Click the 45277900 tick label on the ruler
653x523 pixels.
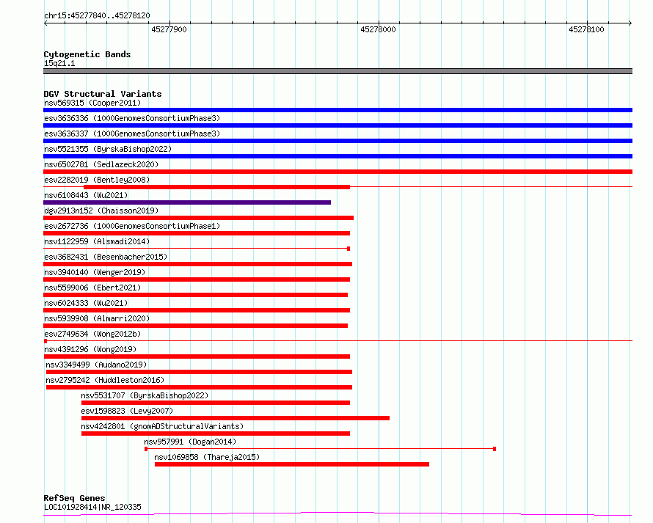pyautogui.click(x=169, y=29)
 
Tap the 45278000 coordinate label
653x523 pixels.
pyautogui.click(x=378, y=29)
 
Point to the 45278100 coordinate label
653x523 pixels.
pyautogui.click(x=586, y=29)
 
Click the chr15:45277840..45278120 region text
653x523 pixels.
pyautogui.click(x=97, y=16)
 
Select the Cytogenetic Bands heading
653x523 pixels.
pyautogui.click(x=87, y=54)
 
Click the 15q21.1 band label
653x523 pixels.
pyautogui.click(x=59, y=63)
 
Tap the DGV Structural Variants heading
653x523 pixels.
pyautogui.click(x=103, y=94)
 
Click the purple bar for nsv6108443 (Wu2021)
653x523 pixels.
pyautogui.click(x=187, y=202)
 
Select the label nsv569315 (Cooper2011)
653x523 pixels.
pyautogui.click(x=92, y=103)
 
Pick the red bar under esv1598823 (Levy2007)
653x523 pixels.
pyautogui.click(x=236, y=418)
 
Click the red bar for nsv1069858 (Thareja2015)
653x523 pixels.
pyautogui.click(x=292, y=464)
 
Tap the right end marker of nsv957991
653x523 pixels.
pyautogui.click(x=495, y=449)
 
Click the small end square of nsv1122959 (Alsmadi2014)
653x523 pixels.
pyautogui.click(x=349, y=249)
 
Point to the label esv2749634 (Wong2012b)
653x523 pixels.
pyautogui.click(x=92, y=334)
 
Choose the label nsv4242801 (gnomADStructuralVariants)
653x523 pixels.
pyautogui.click(x=162, y=426)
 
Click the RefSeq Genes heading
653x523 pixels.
pyautogui.click(x=74, y=498)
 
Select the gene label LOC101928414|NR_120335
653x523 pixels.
pyautogui.click(x=92, y=507)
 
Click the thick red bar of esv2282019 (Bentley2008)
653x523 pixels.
pyautogui.click(x=216, y=187)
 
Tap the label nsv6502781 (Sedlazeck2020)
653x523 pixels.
pyautogui.click(x=101, y=164)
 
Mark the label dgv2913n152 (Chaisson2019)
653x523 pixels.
pyautogui.click(x=101, y=211)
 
